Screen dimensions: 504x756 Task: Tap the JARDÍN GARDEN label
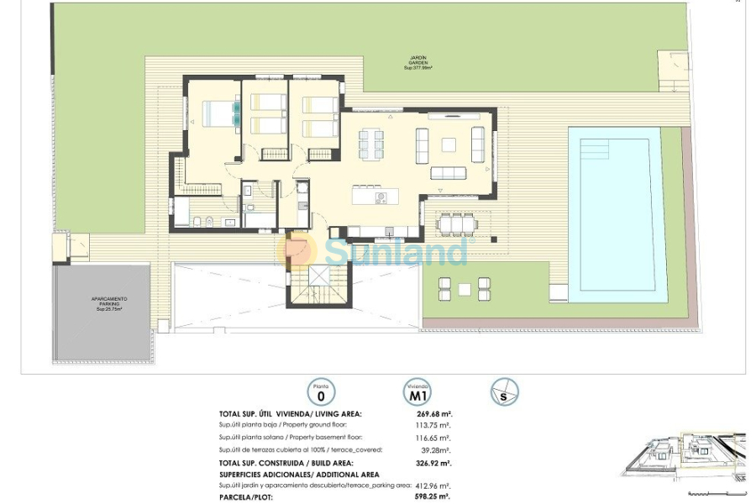pos(417,63)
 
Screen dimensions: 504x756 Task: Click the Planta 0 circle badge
pos(320,391)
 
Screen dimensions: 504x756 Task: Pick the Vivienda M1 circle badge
pos(417,391)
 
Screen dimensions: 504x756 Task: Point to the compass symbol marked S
pos(505,391)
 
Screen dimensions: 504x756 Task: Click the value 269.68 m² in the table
pos(433,413)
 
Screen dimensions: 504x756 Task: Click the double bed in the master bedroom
pos(219,113)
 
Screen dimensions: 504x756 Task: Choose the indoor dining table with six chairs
pos(371,144)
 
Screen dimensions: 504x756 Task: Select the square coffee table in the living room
pos(449,144)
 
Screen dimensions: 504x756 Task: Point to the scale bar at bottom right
pos(715,493)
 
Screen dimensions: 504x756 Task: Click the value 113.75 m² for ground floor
pos(433,426)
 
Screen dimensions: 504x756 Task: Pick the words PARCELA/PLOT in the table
pos(247,496)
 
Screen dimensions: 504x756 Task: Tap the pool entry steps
pos(594,149)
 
